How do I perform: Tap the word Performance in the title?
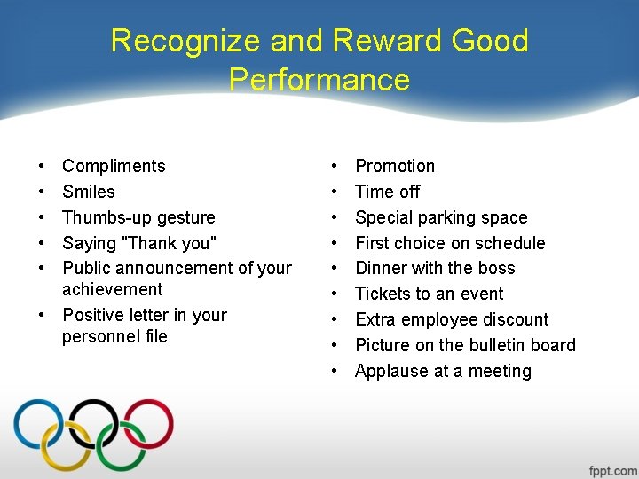319,80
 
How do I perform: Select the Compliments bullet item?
114,166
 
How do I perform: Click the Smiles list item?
89,192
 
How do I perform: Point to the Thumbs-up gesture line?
138,217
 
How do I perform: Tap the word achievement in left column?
113,289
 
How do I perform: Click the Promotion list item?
395,166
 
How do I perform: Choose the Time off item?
388,192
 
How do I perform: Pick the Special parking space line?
441,217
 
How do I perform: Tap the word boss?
496,268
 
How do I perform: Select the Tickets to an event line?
429,294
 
